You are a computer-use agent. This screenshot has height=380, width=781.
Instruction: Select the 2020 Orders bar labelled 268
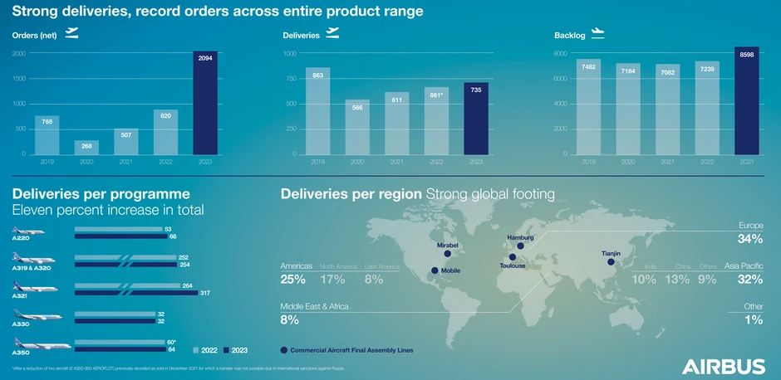point(86,147)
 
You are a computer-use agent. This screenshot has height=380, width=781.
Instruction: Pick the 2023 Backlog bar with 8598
point(746,100)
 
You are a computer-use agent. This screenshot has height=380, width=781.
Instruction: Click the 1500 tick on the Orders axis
point(18,79)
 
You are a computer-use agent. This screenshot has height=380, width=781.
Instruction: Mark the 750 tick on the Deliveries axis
point(291,79)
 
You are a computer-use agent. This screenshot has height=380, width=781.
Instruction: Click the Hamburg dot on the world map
point(520,246)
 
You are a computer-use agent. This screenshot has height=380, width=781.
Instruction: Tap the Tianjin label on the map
point(611,252)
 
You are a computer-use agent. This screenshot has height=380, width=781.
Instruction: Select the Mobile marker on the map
point(434,271)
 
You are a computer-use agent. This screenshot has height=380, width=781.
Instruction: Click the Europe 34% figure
point(750,239)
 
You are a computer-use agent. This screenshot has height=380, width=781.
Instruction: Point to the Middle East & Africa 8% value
point(289,319)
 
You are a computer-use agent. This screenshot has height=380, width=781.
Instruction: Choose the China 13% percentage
point(677,280)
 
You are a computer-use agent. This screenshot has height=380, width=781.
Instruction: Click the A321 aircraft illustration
point(35,287)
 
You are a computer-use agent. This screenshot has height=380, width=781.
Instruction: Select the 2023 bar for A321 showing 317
point(136,293)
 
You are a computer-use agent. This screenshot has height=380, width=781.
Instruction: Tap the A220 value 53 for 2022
point(169,228)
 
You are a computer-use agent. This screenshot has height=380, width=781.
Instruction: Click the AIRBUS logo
point(724,367)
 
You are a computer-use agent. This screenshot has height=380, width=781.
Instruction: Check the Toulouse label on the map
point(513,266)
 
